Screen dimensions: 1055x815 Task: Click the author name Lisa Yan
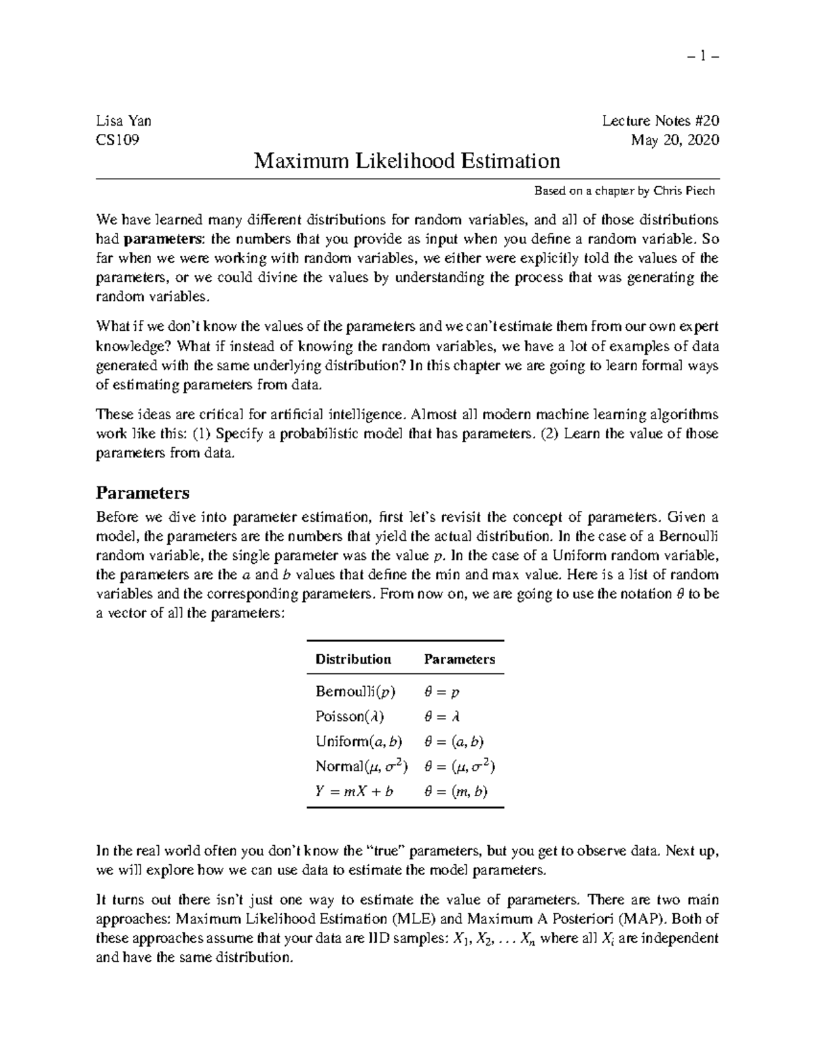124,121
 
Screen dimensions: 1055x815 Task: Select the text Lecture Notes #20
660,121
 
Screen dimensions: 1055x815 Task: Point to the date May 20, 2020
674,141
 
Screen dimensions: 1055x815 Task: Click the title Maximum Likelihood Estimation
407,161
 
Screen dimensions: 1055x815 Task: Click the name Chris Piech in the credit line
684,191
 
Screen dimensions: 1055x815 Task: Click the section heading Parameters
143,493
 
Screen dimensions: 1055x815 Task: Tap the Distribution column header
353,659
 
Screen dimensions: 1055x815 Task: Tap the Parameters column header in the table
459,659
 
